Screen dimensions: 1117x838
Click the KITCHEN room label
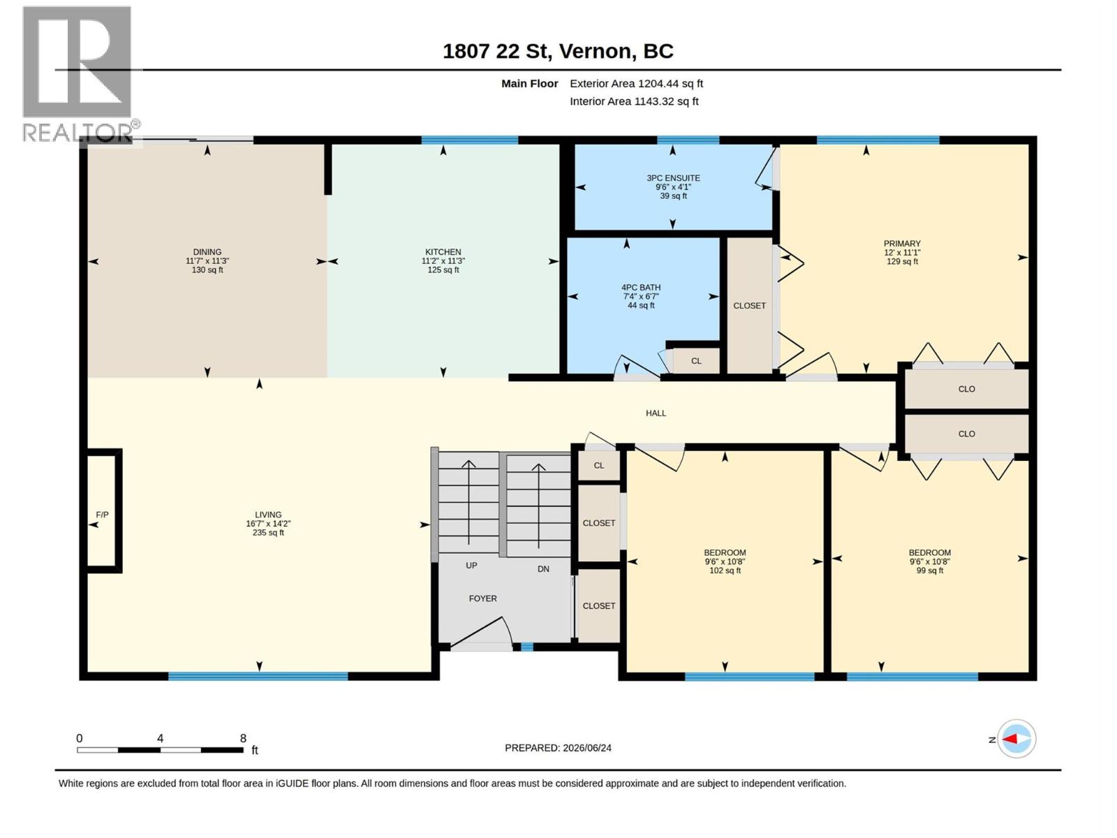[443, 252]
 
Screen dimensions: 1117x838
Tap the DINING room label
[207, 252]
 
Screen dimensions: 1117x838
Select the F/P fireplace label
[103, 515]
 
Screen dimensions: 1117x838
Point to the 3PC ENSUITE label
[673, 178]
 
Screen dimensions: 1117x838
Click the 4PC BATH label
[641, 288]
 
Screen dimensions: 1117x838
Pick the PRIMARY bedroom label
[902, 244]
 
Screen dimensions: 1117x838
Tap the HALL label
[656, 413]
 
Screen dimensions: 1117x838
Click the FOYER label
[483, 598]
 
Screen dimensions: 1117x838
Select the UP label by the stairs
[471, 565]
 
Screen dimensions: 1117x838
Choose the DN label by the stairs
[543, 569]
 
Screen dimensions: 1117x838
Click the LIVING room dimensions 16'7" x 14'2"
[268, 524]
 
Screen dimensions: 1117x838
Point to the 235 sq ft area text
[268, 533]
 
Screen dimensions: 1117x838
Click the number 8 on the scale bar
[243, 738]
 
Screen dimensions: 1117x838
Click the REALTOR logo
[80, 74]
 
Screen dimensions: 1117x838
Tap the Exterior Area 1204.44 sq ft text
[636, 83]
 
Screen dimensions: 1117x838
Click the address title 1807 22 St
[497, 52]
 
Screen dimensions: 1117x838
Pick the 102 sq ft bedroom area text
[725, 571]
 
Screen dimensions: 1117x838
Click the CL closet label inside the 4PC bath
[696, 361]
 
